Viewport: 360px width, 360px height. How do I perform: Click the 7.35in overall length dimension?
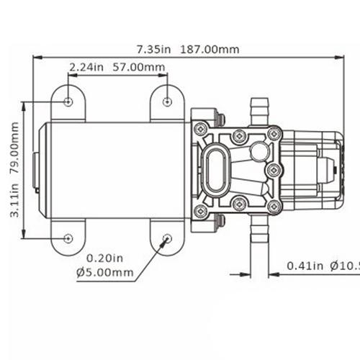152,50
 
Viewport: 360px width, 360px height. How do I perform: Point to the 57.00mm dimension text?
140,68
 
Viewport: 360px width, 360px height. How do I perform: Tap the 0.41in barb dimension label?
302,266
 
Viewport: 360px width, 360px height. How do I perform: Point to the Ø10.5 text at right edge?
344,266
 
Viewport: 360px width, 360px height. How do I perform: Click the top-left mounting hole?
68,102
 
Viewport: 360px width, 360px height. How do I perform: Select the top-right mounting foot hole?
167,102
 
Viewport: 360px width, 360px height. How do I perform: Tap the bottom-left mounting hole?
68,238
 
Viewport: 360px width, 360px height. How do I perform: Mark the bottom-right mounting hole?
167,238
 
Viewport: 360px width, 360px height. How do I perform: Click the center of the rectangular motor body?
115,170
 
